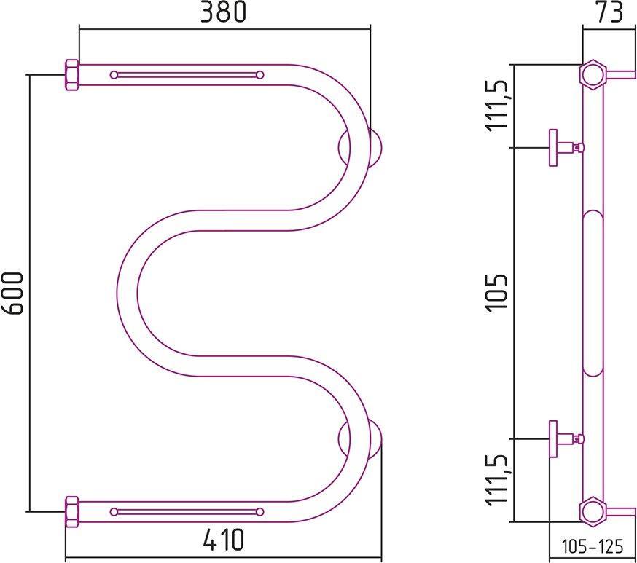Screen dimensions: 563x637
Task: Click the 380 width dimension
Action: tap(224, 12)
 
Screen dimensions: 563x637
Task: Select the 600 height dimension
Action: tap(14, 293)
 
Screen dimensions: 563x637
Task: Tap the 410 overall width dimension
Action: tap(223, 541)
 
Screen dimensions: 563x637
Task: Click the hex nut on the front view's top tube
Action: tap(72, 75)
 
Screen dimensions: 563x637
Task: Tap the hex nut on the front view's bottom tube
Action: tap(72, 511)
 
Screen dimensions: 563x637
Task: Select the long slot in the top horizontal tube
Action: tap(187, 74)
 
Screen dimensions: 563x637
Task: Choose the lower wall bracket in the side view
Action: tap(563, 438)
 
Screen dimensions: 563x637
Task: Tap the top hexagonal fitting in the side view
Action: tap(593, 74)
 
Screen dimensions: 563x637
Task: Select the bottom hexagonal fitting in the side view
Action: tap(593, 511)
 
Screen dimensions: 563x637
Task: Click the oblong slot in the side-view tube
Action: tap(593, 293)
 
